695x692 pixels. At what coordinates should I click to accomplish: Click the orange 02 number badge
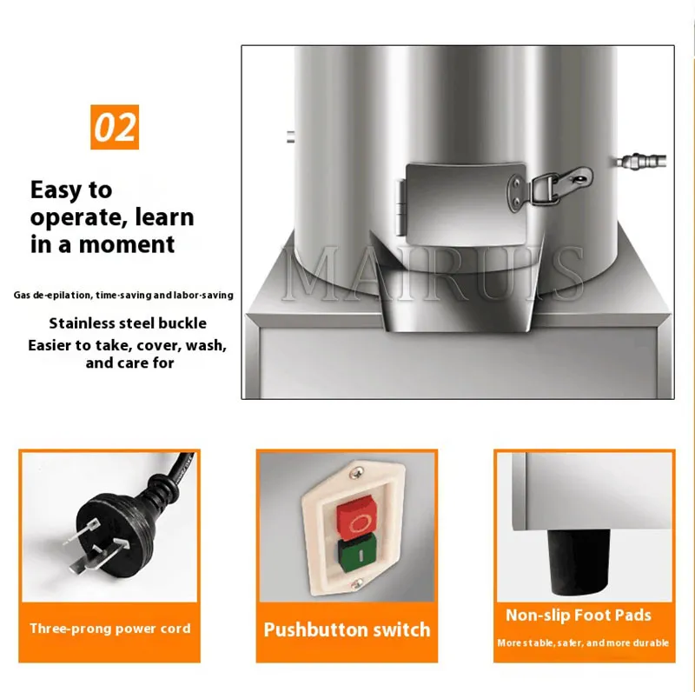click(115, 127)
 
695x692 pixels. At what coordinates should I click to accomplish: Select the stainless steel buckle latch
click(551, 187)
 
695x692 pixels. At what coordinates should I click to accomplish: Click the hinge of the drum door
click(400, 207)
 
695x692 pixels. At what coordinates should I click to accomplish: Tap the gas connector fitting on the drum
click(641, 161)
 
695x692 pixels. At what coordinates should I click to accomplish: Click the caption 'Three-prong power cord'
click(110, 629)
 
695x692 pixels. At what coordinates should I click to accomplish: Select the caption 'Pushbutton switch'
click(347, 630)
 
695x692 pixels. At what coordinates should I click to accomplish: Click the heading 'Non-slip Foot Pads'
click(579, 615)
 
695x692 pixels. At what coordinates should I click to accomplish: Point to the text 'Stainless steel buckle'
click(128, 323)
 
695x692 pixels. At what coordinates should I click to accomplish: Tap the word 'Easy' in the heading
click(56, 190)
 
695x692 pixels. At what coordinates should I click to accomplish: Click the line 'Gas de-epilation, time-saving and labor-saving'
click(123, 295)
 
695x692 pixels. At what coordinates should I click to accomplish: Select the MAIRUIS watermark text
click(433, 274)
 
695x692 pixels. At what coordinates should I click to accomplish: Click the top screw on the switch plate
click(356, 473)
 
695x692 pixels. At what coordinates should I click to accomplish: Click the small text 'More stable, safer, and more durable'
click(582, 642)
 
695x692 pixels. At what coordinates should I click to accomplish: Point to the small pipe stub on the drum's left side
click(290, 136)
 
